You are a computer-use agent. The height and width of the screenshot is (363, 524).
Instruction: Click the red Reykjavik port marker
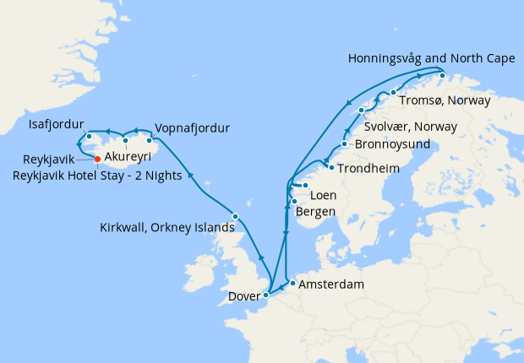click(97, 159)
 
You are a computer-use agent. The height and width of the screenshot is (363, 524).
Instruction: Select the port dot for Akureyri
click(125, 140)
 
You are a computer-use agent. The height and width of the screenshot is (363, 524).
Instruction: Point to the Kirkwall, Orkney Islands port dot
click(235, 217)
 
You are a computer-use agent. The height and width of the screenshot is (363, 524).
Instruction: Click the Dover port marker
click(266, 295)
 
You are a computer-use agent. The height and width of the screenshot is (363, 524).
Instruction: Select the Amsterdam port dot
click(292, 284)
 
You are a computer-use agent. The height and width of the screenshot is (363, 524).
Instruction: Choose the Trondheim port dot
click(330, 167)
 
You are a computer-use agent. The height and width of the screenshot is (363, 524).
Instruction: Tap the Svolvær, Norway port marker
click(362, 111)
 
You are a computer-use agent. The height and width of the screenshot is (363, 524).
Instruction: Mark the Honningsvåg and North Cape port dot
click(441, 75)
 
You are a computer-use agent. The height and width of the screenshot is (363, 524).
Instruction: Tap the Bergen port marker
click(293, 201)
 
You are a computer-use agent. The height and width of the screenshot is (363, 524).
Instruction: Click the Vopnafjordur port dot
click(150, 138)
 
